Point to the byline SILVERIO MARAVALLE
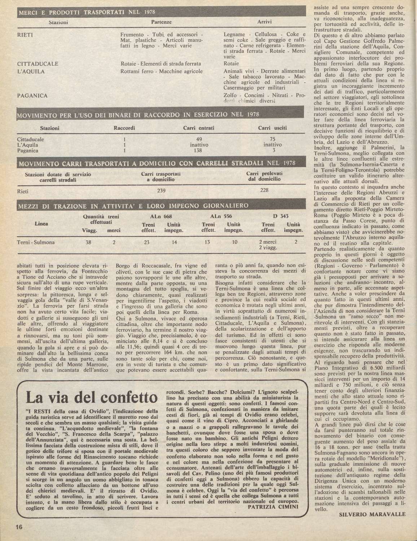(372, 514)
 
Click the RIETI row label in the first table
(25, 35)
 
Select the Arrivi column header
(264, 22)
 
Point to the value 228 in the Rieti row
(264, 190)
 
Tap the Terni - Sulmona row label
(36, 242)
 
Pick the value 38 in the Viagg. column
(88, 242)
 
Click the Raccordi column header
(124, 128)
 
